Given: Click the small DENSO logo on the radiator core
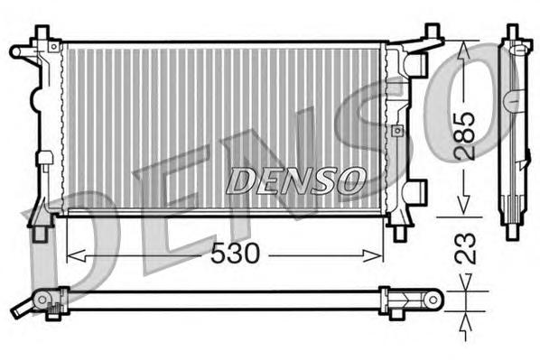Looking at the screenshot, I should tap(294, 180).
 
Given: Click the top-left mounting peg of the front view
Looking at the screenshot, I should tap(42, 32).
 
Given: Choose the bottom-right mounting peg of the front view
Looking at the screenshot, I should tap(398, 233).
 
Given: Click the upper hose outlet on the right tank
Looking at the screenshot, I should tap(416, 62).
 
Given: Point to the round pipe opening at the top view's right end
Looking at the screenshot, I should tap(433, 297).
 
